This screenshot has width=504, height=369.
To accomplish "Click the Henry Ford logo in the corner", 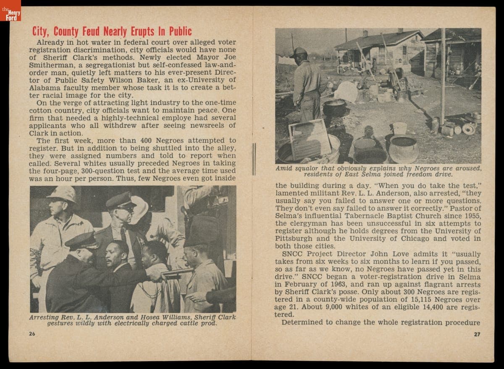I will [x=10, y=11].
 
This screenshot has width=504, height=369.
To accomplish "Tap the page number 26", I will [x=32, y=334].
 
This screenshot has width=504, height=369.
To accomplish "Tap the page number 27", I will [x=477, y=334].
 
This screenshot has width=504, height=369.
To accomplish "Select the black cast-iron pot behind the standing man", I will [x=334, y=108].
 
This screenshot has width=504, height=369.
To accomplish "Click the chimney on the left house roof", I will [x=365, y=33].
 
